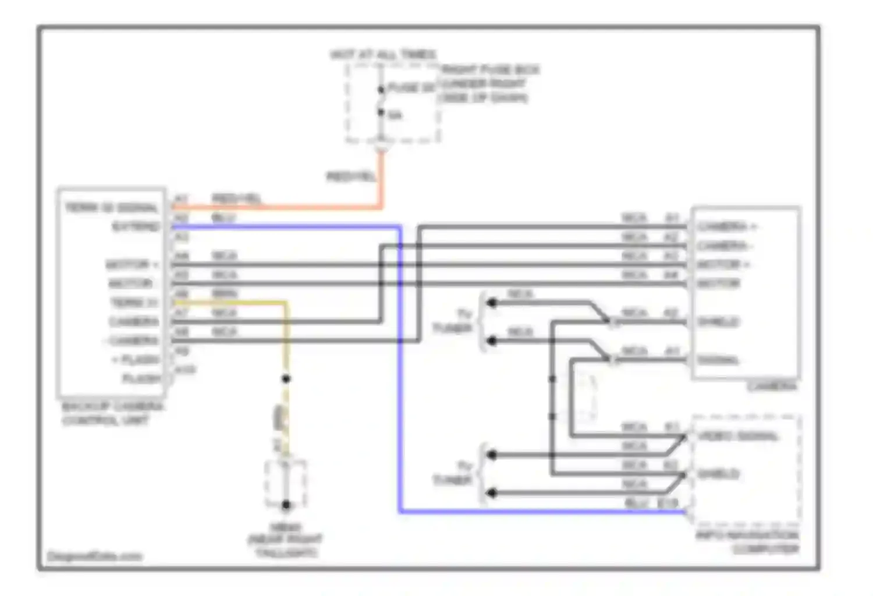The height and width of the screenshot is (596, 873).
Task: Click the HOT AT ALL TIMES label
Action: pyautogui.click(x=383, y=55)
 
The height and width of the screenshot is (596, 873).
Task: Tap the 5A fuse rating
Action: pyautogui.click(x=395, y=115)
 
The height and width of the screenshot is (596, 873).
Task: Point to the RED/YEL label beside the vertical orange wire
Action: pyautogui.click(x=351, y=176)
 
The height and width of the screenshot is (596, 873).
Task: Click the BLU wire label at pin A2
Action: pyautogui.click(x=223, y=218)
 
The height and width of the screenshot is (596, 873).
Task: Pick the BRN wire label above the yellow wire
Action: pyautogui.click(x=224, y=294)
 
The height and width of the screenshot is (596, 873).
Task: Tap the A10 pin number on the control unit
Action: pyautogui.click(x=185, y=370)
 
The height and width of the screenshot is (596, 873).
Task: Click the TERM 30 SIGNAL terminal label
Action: pyautogui.click(x=112, y=208)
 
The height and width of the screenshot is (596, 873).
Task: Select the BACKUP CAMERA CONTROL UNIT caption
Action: pyautogui.click(x=112, y=413)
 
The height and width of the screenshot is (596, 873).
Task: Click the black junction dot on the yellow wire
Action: pyautogui.click(x=286, y=379)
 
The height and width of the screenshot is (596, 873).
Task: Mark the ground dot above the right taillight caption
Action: pyautogui.click(x=286, y=505)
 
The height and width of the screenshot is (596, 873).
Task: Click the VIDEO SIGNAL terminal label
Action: pyautogui.click(x=738, y=436)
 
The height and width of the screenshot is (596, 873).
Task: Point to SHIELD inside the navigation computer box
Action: pyautogui.click(x=719, y=474)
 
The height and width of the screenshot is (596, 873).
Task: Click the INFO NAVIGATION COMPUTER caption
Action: pyautogui.click(x=748, y=542)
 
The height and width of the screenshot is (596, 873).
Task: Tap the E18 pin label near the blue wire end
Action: pyautogui.click(x=668, y=503)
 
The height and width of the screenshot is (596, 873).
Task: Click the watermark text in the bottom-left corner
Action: pyautogui.click(x=94, y=556)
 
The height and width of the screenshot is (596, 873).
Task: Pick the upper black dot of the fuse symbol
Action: pyautogui.click(x=381, y=90)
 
